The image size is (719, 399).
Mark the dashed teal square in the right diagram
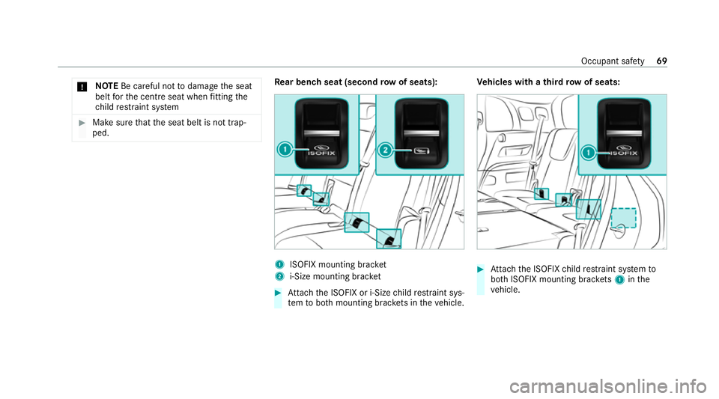click(623, 217)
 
